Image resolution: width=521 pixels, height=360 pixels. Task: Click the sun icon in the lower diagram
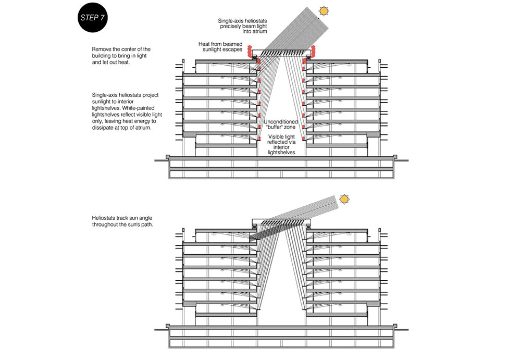pos(344,199)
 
